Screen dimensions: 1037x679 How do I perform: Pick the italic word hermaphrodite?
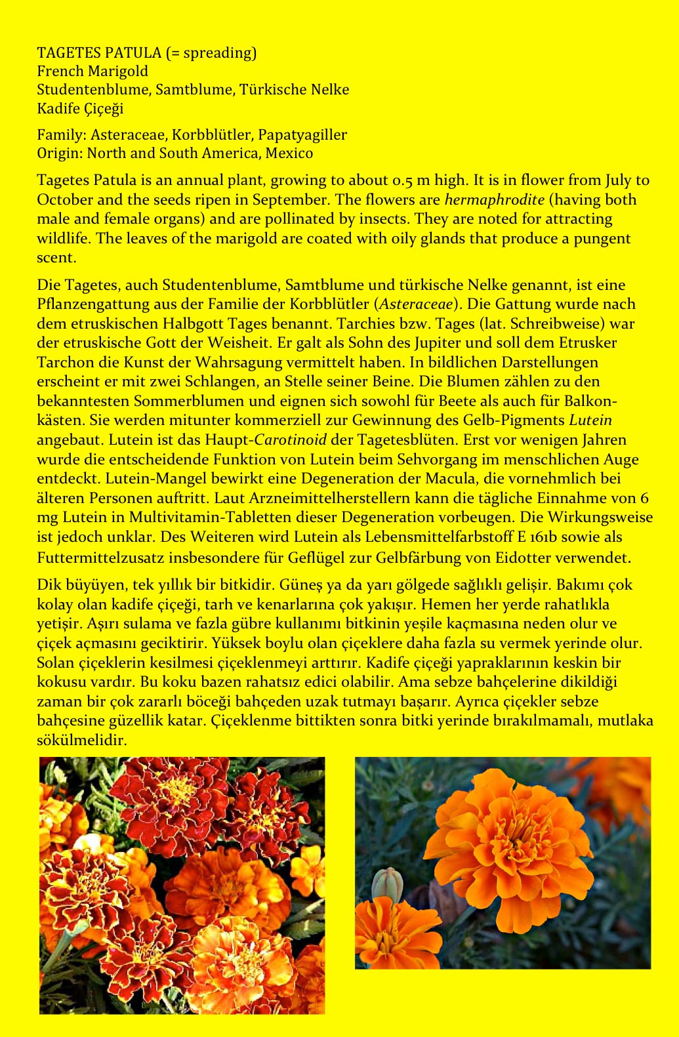[x=494, y=199]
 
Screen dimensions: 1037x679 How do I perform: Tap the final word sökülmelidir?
[x=81, y=740]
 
